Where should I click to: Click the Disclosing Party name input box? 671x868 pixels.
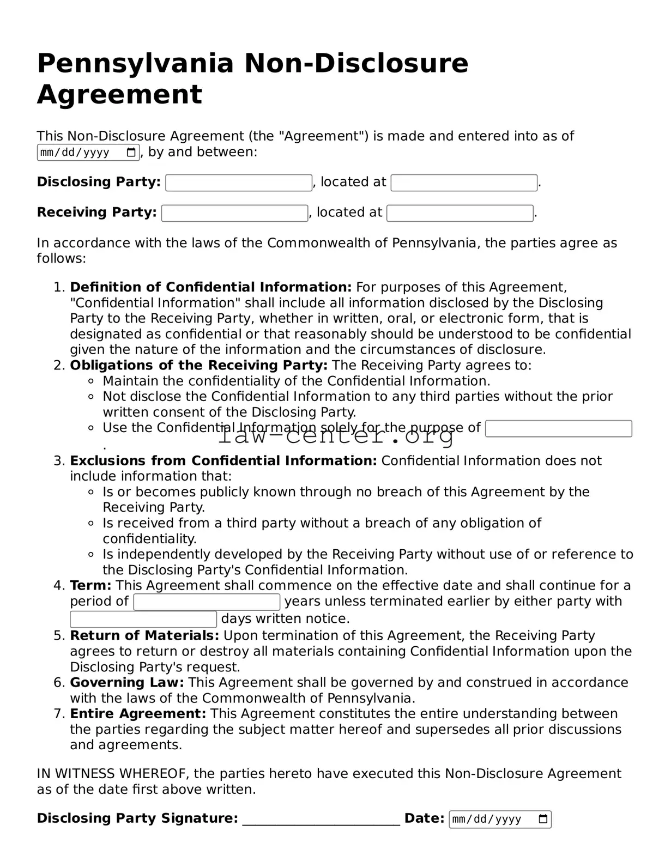(239, 183)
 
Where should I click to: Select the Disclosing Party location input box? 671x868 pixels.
(464, 183)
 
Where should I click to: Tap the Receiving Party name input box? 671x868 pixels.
(234, 213)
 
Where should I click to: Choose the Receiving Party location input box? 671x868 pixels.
(460, 213)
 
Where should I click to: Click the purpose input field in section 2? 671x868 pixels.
(558, 429)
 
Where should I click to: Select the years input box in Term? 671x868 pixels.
(207, 602)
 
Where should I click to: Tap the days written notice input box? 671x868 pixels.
(143, 620)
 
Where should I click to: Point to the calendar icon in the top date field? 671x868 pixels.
(131, 153)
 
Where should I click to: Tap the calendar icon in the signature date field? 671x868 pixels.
(543, 820)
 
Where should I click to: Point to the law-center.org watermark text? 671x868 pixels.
(336, 436)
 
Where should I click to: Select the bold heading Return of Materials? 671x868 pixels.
(144, 636)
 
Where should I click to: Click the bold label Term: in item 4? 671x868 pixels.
(90, 586)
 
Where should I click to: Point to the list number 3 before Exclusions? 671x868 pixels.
(59, 461)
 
